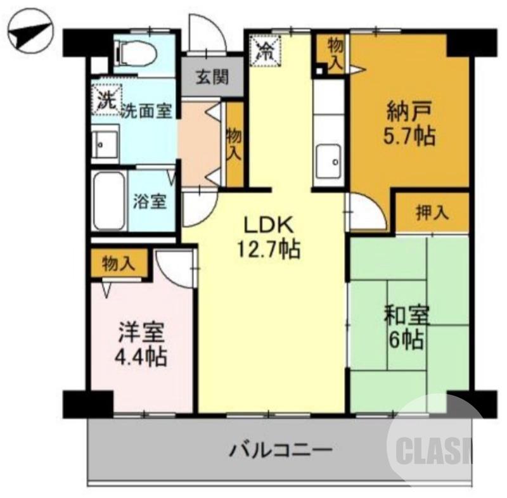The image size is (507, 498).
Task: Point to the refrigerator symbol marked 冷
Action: tap(265, 50)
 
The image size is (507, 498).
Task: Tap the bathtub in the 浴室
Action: tap(108, 201)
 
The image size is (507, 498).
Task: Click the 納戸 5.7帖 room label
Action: tap(411, 124)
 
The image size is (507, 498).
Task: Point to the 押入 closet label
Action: tap(432, 212)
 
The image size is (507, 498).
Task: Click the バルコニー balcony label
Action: tap(280, 452)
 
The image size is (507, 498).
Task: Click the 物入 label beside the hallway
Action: tap(234, 142)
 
